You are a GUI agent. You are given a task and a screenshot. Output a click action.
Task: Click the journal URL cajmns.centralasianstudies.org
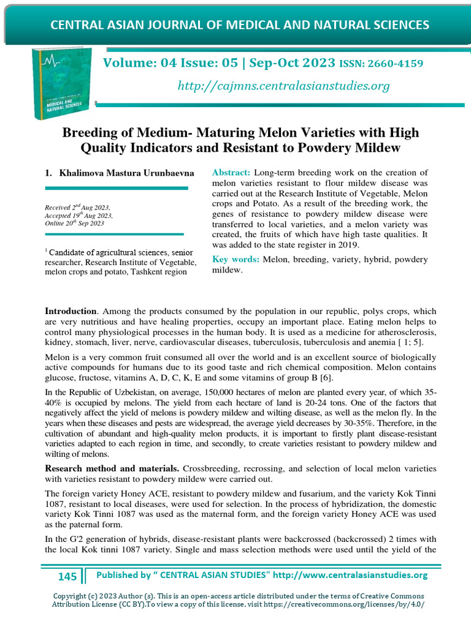[283, 86]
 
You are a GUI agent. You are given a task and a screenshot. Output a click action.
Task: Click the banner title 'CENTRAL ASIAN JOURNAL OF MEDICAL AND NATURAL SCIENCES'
[239, 25]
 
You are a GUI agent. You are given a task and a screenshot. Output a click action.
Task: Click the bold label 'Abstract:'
[231, 173]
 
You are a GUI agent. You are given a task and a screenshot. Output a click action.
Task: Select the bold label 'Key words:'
[235, 260]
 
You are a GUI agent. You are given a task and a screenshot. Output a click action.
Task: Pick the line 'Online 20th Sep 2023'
[75, 224]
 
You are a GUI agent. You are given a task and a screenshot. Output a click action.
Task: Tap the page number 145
[67, 576]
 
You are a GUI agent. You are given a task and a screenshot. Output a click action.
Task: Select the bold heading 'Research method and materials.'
[112, 468]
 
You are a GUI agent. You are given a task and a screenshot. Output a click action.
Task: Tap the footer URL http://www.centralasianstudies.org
[350, 575]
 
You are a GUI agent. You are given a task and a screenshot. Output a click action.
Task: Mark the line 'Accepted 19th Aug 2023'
[79, 216]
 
